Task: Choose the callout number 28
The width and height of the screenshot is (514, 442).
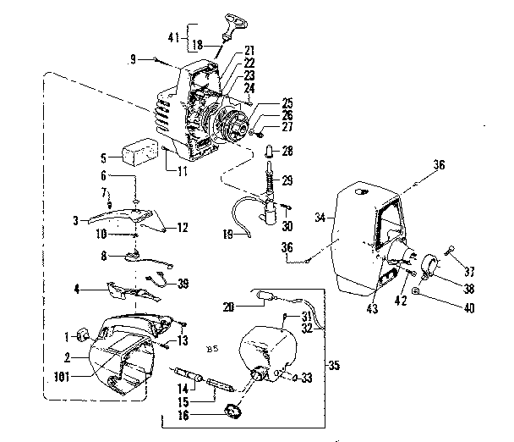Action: pos(287,151)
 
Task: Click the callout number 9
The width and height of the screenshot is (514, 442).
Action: pos(134,58)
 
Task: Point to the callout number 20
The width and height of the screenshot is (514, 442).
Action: pos(229,307)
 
